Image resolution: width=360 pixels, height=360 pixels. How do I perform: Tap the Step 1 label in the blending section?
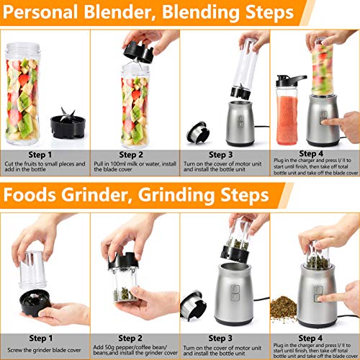pos(40,154)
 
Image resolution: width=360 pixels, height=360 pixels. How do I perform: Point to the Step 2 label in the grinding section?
pos(130,337)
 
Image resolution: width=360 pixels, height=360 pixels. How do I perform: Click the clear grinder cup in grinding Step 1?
pos(32,267)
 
